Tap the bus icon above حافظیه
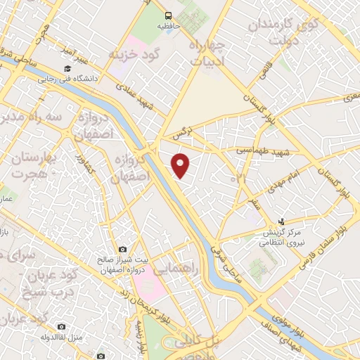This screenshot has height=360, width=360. (167, 15)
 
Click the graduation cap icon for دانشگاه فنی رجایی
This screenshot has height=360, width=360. (67, 68)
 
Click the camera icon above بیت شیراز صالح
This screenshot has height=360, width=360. (123, 249)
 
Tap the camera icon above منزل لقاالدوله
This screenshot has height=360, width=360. (61, 326)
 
